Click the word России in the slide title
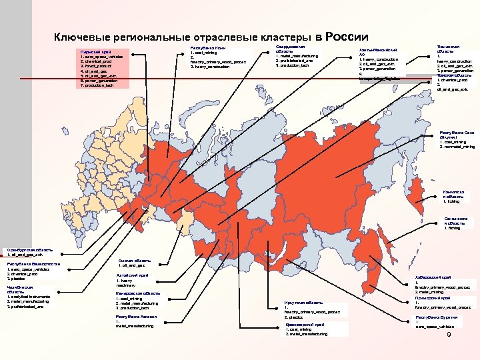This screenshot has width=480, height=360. coord(347,37)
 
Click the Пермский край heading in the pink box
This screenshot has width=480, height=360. coord(92,51)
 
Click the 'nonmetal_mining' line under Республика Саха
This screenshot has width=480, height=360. coord(459,146)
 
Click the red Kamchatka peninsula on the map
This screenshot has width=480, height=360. coord(415,193)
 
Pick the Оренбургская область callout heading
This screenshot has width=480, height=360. coord(25,249)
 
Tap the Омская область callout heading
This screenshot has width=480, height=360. coord(134,260)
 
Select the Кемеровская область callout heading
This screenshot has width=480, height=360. coord(137,293)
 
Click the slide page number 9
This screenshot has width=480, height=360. coord(449,343)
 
